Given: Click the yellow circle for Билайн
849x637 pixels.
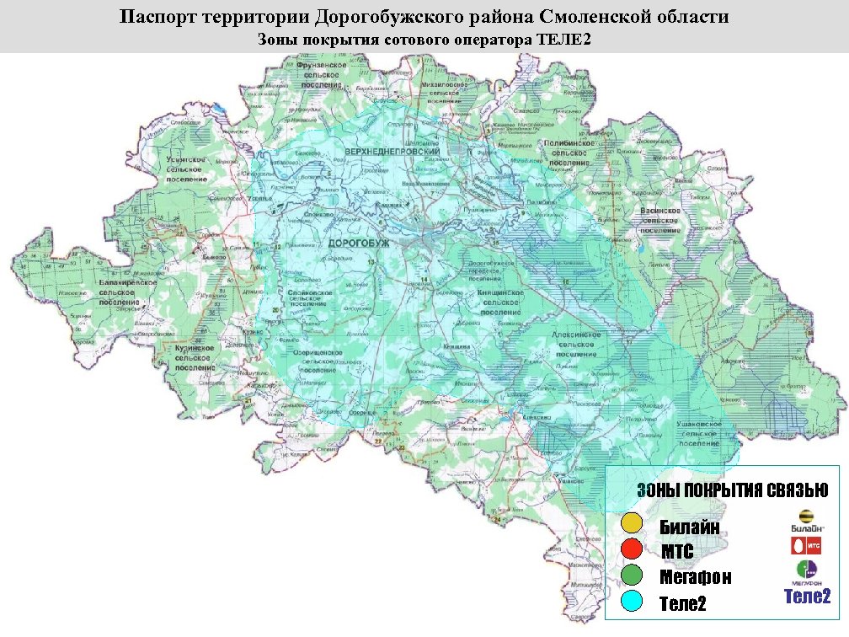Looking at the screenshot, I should point(632,522).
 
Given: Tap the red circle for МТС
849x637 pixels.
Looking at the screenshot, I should point(632,549).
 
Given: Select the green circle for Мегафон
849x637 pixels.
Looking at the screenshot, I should point(632,576).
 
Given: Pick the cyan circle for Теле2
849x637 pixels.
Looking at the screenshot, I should point(632,602).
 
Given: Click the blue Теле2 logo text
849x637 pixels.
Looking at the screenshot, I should point(807,597).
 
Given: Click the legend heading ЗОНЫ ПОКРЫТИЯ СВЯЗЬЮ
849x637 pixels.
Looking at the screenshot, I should point(732,490).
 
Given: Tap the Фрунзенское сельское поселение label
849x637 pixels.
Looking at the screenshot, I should point(319,74).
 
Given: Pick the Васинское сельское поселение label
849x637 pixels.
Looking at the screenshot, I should point(659,219).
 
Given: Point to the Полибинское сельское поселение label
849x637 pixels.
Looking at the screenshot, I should point(572,154).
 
